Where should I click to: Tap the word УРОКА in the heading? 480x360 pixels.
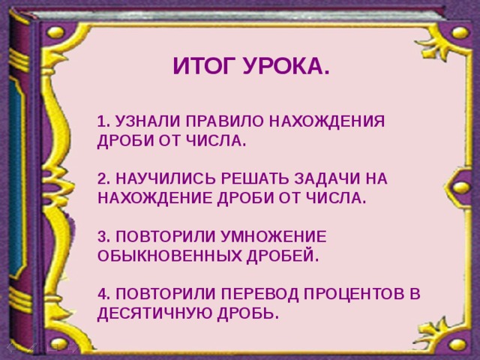click(287, 68)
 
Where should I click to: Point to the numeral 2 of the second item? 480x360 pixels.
click(103, 178)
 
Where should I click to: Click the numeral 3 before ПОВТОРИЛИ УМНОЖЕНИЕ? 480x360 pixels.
click(103, 236)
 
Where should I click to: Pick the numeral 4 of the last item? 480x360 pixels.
click(103, 293)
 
